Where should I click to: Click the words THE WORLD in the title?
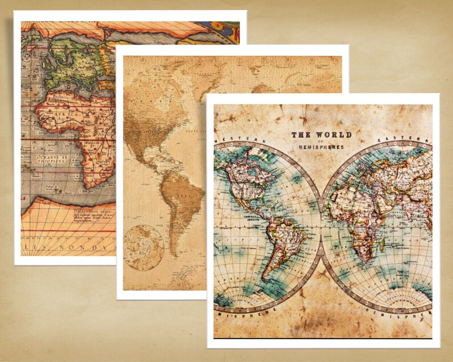[x=321, y=135]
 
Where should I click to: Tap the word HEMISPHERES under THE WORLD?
[x=321, y=147]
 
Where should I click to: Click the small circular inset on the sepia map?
[x=143, y=246]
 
